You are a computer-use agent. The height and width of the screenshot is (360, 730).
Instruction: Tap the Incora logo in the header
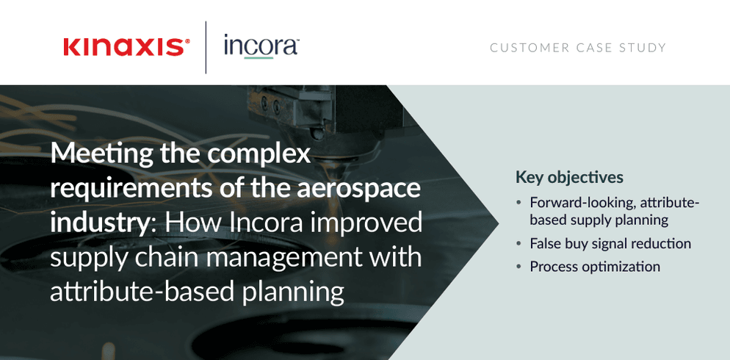pos(261,46)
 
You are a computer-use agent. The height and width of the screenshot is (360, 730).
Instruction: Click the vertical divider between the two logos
pos(206,47)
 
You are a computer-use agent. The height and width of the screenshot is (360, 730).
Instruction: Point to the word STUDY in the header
pos(643,48)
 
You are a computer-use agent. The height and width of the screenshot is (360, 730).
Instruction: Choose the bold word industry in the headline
pos(98,223)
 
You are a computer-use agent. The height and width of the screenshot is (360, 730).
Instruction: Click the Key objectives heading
pos(569,178)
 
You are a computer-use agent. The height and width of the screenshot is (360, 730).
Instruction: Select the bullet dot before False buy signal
pos(519,244)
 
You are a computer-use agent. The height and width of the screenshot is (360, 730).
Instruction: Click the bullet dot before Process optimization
pos(519,267)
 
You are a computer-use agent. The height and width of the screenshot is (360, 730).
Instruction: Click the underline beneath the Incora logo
pos(258,58)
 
